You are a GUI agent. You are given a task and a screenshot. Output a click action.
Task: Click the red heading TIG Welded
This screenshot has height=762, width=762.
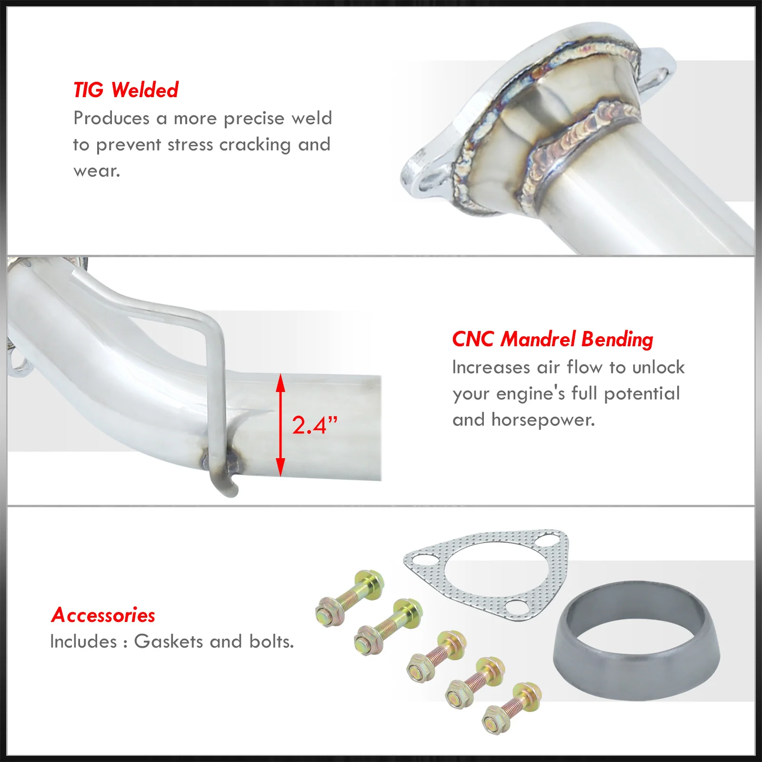pyautogui.click(x=126, y=90)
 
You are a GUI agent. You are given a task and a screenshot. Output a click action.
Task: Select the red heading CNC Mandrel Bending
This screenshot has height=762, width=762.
pyautogui.click(x=552, y=340)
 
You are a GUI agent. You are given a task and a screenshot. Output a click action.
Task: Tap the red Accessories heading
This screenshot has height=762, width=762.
pyautogui.click(x=103, y=615)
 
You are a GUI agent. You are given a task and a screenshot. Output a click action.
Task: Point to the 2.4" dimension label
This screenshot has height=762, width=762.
pyautogui.click(x=314, y=425)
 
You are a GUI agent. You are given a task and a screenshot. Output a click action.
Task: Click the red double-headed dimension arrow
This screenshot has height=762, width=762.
pyautogui.click(x=281, y=425)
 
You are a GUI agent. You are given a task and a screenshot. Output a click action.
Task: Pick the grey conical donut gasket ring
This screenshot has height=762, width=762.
pyautogui.click(x=637, y=641)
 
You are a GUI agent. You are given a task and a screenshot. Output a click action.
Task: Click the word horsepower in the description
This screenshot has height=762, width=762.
pyautogui.click(x=543, y=421)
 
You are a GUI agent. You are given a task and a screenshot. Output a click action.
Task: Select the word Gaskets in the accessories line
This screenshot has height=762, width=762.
pyautogui.click(x=169, y=642)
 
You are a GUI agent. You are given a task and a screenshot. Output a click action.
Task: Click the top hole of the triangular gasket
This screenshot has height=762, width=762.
pyautogui.click(x=544, y=541)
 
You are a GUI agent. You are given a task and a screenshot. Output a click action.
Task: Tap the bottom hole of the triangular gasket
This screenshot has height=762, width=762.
pyautogui.click(x=515, y=607)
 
